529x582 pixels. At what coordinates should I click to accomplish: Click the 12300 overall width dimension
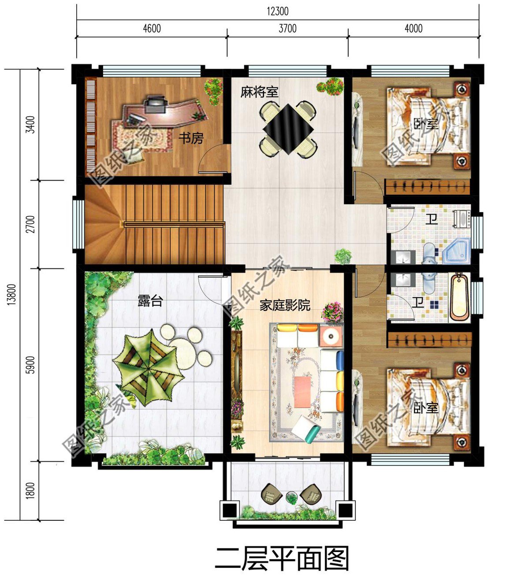point(278,11)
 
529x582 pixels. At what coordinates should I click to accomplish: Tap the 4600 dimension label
point(152,29)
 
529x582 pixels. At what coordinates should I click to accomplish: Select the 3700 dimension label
point(287,29)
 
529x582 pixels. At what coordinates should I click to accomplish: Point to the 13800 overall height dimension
point(11,294)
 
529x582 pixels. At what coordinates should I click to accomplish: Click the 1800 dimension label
point(30,491)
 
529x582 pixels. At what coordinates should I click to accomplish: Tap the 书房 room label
point(191,138)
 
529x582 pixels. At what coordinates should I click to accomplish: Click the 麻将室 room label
point(259,92)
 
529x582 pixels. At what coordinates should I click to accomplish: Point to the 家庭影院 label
point(285,305)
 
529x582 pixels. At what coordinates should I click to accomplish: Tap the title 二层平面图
point(282,559)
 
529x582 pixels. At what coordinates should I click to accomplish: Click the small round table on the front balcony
point(291,498)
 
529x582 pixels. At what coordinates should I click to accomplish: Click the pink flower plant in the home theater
point(332,312)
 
